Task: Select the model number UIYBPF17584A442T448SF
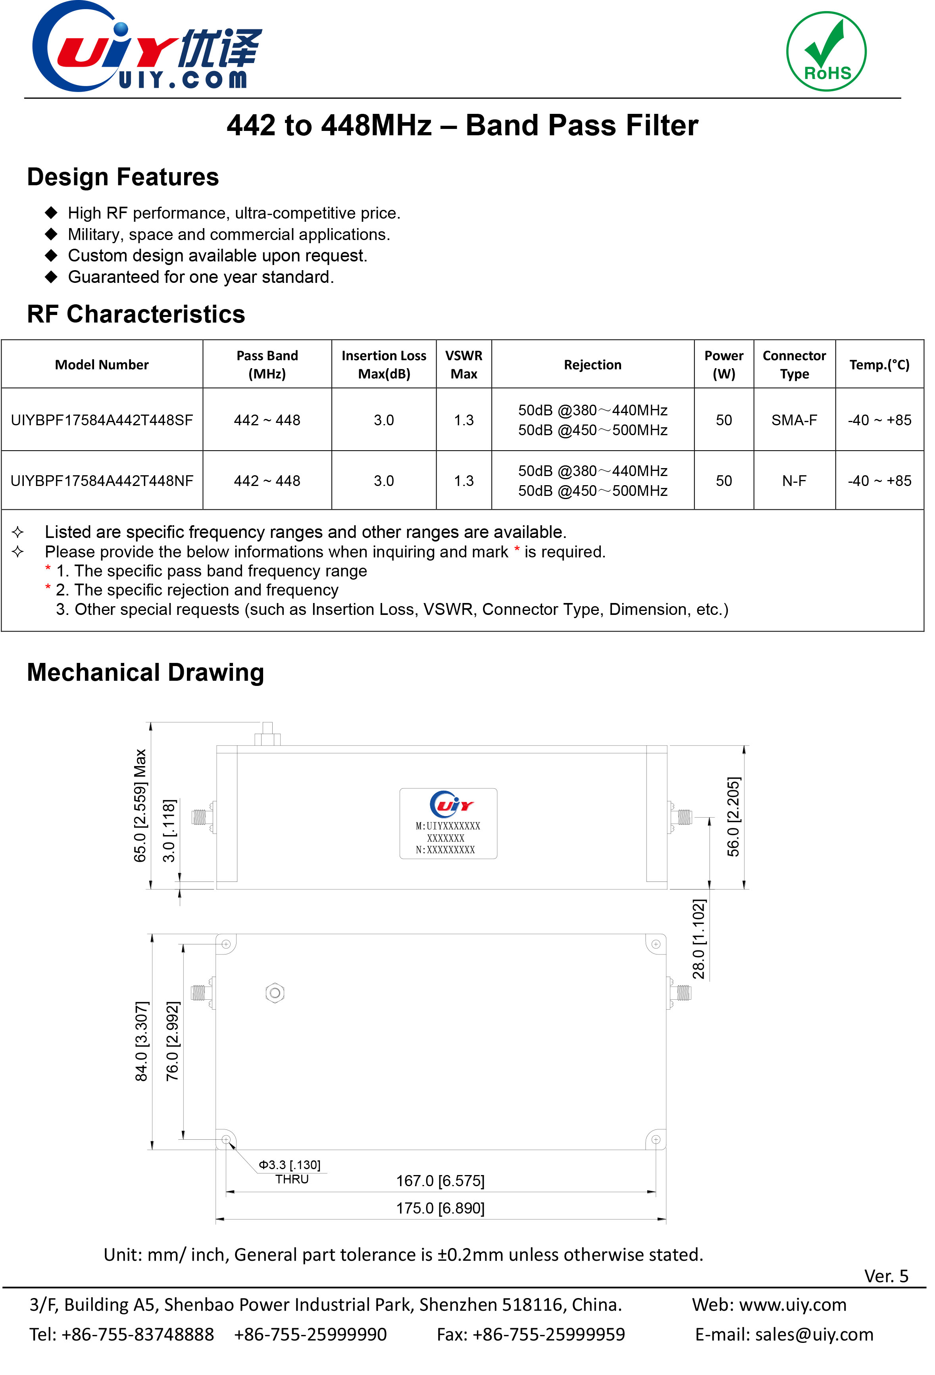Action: click(102, 420)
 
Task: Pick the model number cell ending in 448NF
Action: click(102, 481)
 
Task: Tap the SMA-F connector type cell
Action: click(794, 420)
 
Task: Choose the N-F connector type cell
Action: click(794, 481)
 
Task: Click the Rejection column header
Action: click(593, 365)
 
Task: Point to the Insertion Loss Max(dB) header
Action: click(383, 365)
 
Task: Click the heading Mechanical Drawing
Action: click(146, 673)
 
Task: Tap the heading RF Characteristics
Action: click(136, 314)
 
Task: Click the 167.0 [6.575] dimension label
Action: click(440, 1181)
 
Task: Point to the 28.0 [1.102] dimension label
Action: click(699, 939)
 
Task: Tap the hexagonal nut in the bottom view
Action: click(275, 993)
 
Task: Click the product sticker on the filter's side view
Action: click(448, 823)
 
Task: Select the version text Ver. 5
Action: click(886, 1276)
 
